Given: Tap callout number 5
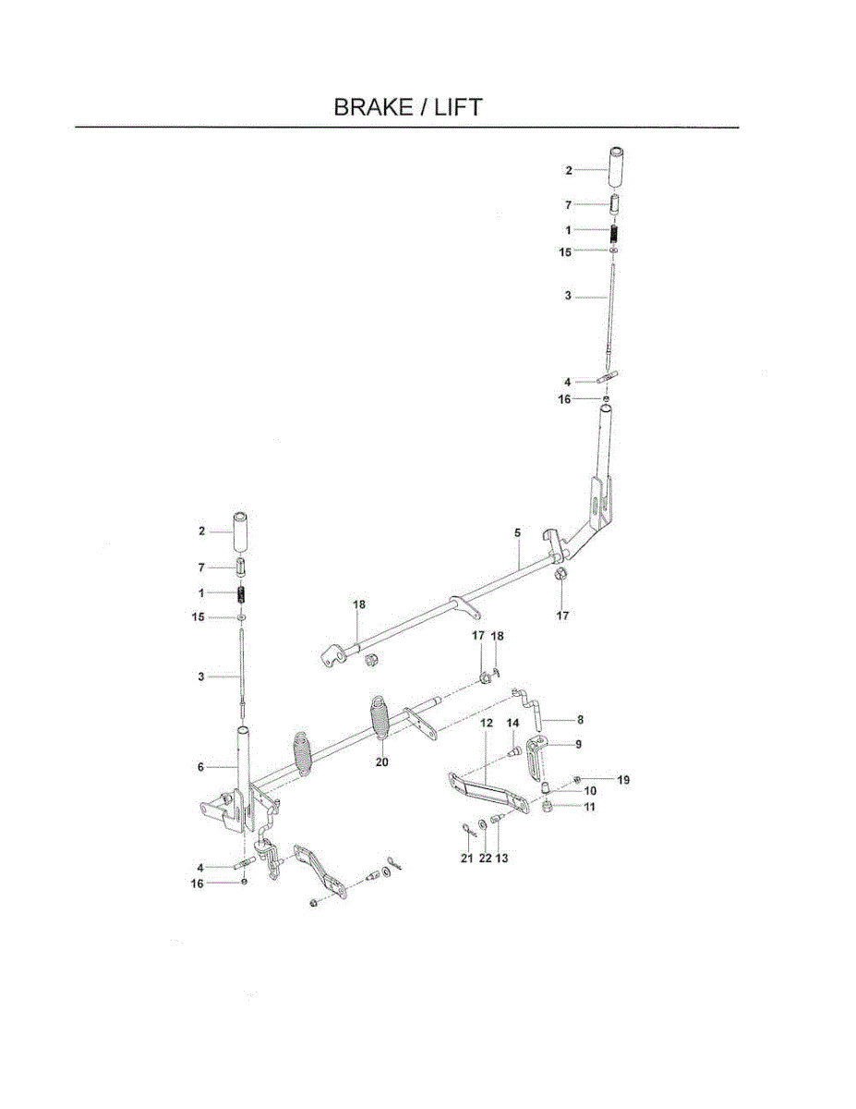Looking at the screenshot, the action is pyautogui.click(x=518, y=533).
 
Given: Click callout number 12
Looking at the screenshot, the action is pyautogui.click(x=487, y=721).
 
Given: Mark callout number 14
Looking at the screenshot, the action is pyautogui.click(x=512, y=722).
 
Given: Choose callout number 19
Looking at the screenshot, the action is pyautogui.click(x=623, y=780).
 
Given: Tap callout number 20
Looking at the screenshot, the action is pyautogui.click(x=382, y=762).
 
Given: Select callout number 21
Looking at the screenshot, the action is pyautogui.click(x=466, y=858).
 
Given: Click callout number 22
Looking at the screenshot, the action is pyautogui.click(x=485, y=858).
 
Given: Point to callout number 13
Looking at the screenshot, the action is pyautogui.click(x=502, y=858).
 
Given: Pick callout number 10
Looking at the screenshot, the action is pyautogui.click(x=591, y=791).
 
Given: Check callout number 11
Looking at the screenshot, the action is pyautogui.click(x=589, y=807).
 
